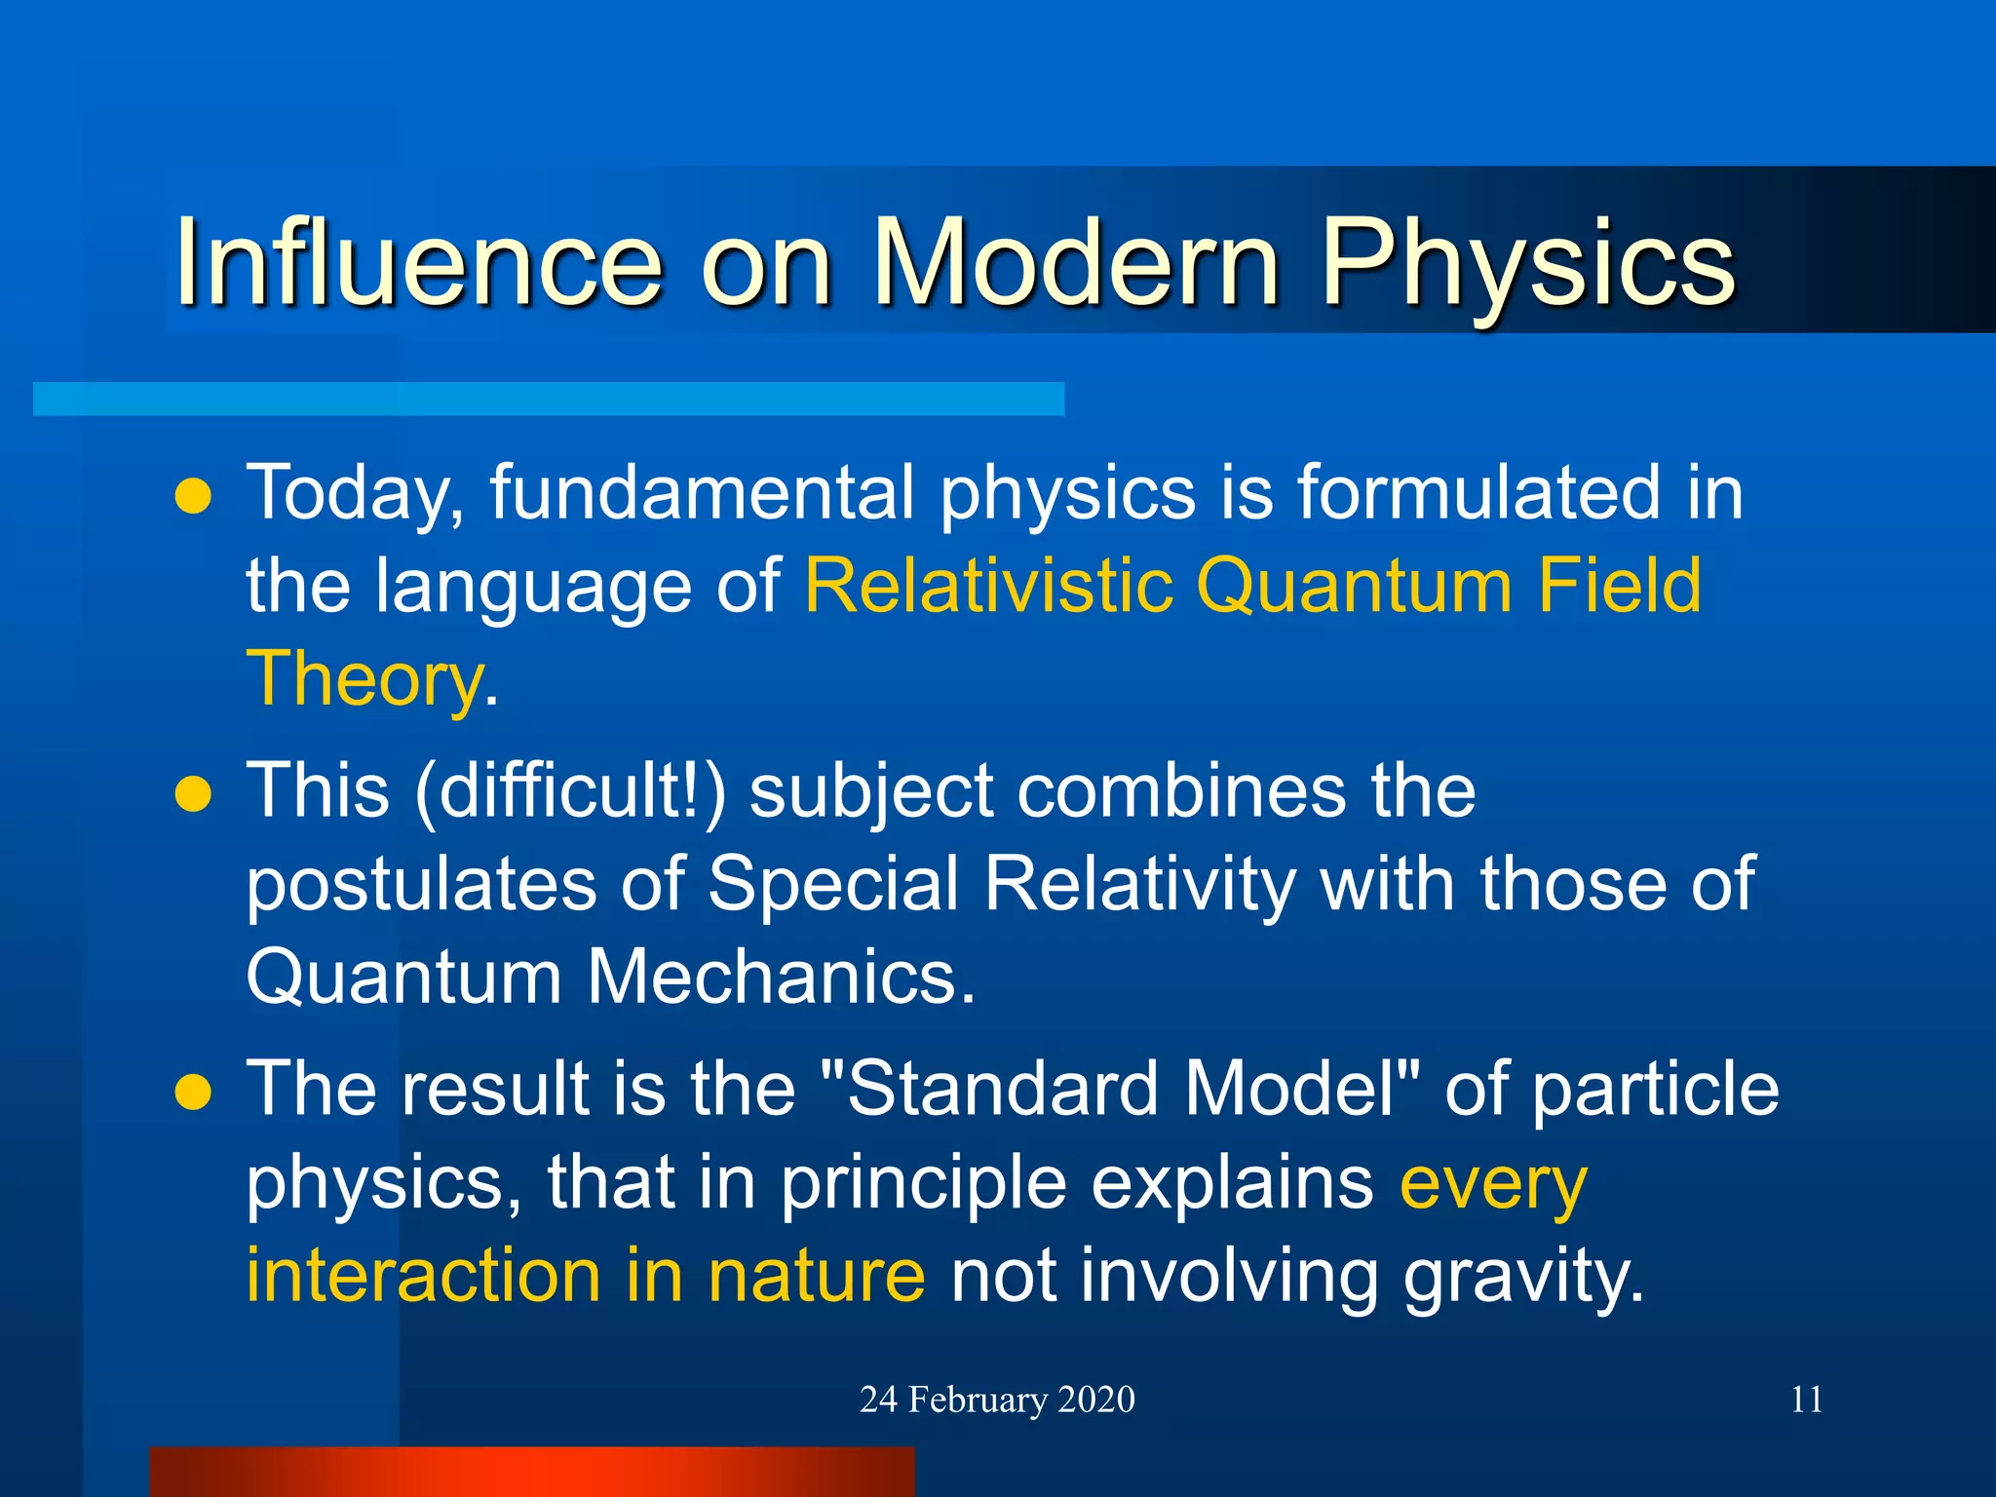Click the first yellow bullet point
pos(193,496)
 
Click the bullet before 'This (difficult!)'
pos(193,794)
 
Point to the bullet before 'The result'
pos(193,1093)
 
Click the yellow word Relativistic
pos(988,586)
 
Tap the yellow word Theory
pos(364,679)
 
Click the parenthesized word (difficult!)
pos(570,791)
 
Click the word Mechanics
pos(780,977)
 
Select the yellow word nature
pos(816,1276)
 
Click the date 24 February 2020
pos(997,1400)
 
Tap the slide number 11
pos(1806,1400)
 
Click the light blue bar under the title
pos(548,399)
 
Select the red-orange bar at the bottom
pos(532,1472)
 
